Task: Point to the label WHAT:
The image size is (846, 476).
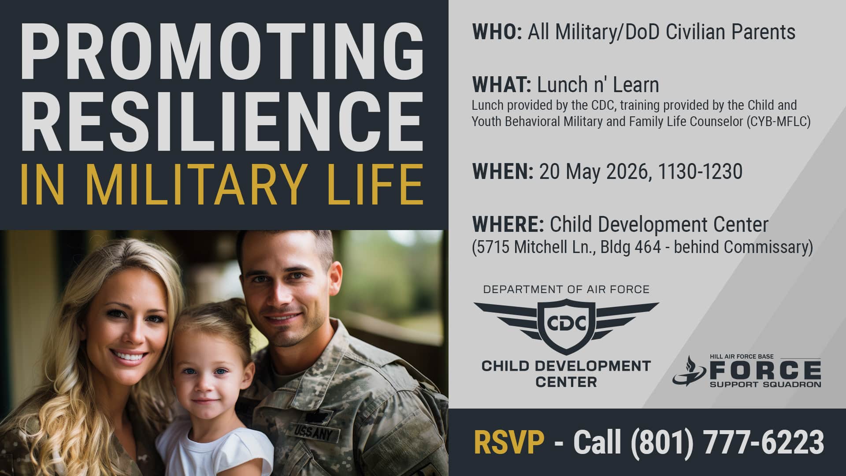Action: [501, 85]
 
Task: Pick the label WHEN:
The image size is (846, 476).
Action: [502, 171]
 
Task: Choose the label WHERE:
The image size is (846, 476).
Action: [508, 224]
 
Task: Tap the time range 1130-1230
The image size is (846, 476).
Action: [700, 171]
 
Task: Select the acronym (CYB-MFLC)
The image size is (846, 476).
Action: [779, 122]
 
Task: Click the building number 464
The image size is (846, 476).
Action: [648, 247]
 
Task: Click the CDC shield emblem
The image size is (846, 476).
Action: [566, 324]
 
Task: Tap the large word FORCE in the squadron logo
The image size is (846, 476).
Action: [765, 371]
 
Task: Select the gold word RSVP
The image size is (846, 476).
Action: [509, 442]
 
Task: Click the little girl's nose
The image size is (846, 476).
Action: [200, 387]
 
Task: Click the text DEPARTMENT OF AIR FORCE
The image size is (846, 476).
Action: [566, 290]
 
